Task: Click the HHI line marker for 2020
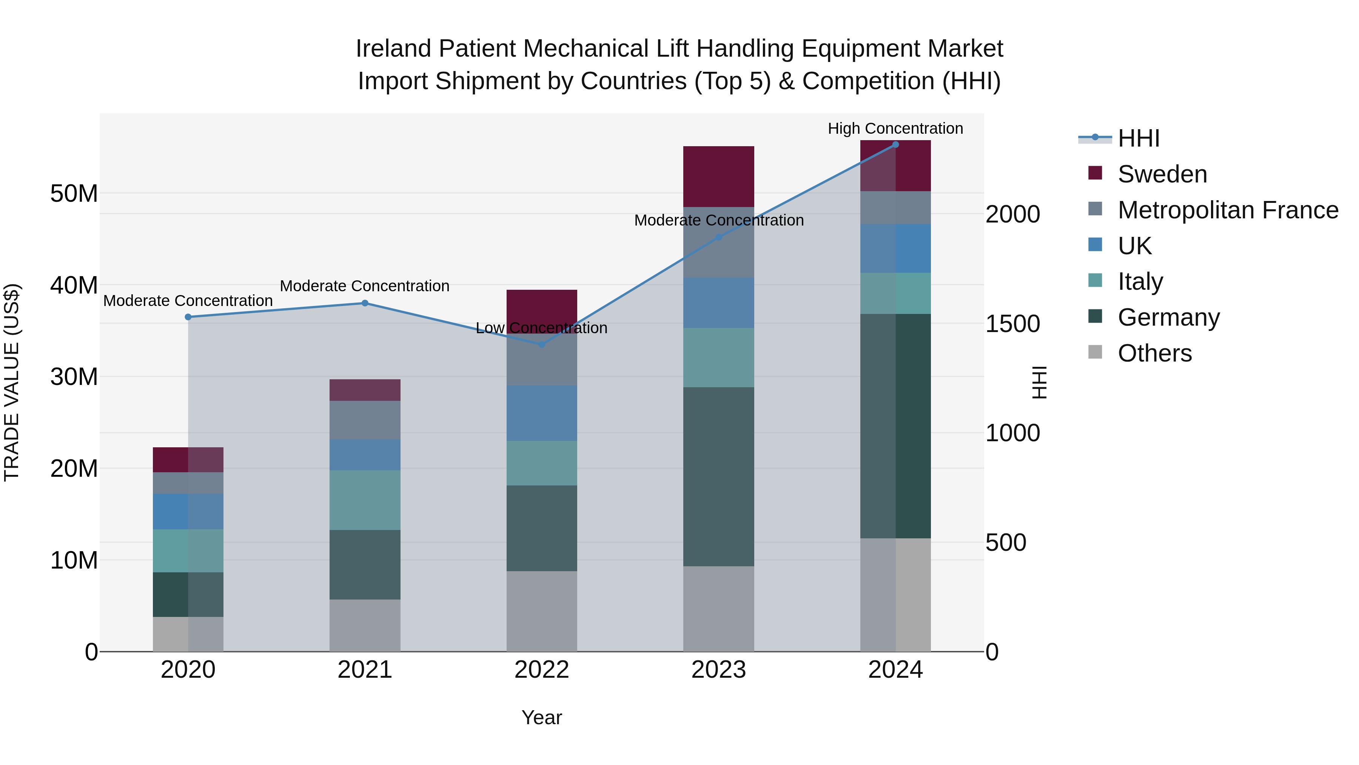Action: (x=188, y=317)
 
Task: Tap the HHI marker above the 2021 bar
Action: (x=365, y=303)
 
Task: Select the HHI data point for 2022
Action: (x=541, y=344)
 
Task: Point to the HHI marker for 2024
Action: (x=895, y=144)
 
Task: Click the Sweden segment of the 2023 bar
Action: (x=718, y=176)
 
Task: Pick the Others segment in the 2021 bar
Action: (x=365, y=625)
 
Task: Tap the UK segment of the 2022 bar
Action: (x=541, y=413)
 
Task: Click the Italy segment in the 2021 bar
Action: (x=365, y=500)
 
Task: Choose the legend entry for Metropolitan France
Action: (x=1228, y=210)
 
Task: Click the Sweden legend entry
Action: (x=1162, y=174)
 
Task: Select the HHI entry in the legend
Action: (x=1139, y=138)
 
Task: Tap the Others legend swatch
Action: (x=1095, y=352)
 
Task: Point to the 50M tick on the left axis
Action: (x=74, y=193)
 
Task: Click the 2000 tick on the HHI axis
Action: (x=1012, y=214)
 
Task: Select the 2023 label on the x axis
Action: (x=718, y=670)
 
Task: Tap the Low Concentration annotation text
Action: (x=541, y=328)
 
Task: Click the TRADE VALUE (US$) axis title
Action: (x=12, y=382)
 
